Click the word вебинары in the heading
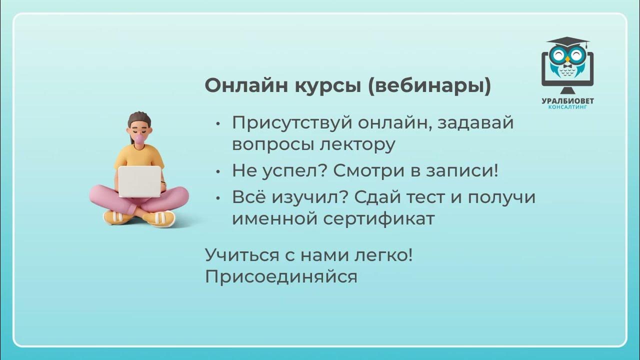(x=430, y=86)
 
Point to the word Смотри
(x=363, y=171)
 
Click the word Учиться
(x=241, y=255)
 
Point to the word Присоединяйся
(x=281, y=277)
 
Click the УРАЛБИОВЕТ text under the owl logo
(x=567, y=100)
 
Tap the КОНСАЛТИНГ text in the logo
(x=567, y=106)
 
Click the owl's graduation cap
(x=567, y=42)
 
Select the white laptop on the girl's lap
(x=139, y=181)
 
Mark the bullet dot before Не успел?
(x=217, y=171)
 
